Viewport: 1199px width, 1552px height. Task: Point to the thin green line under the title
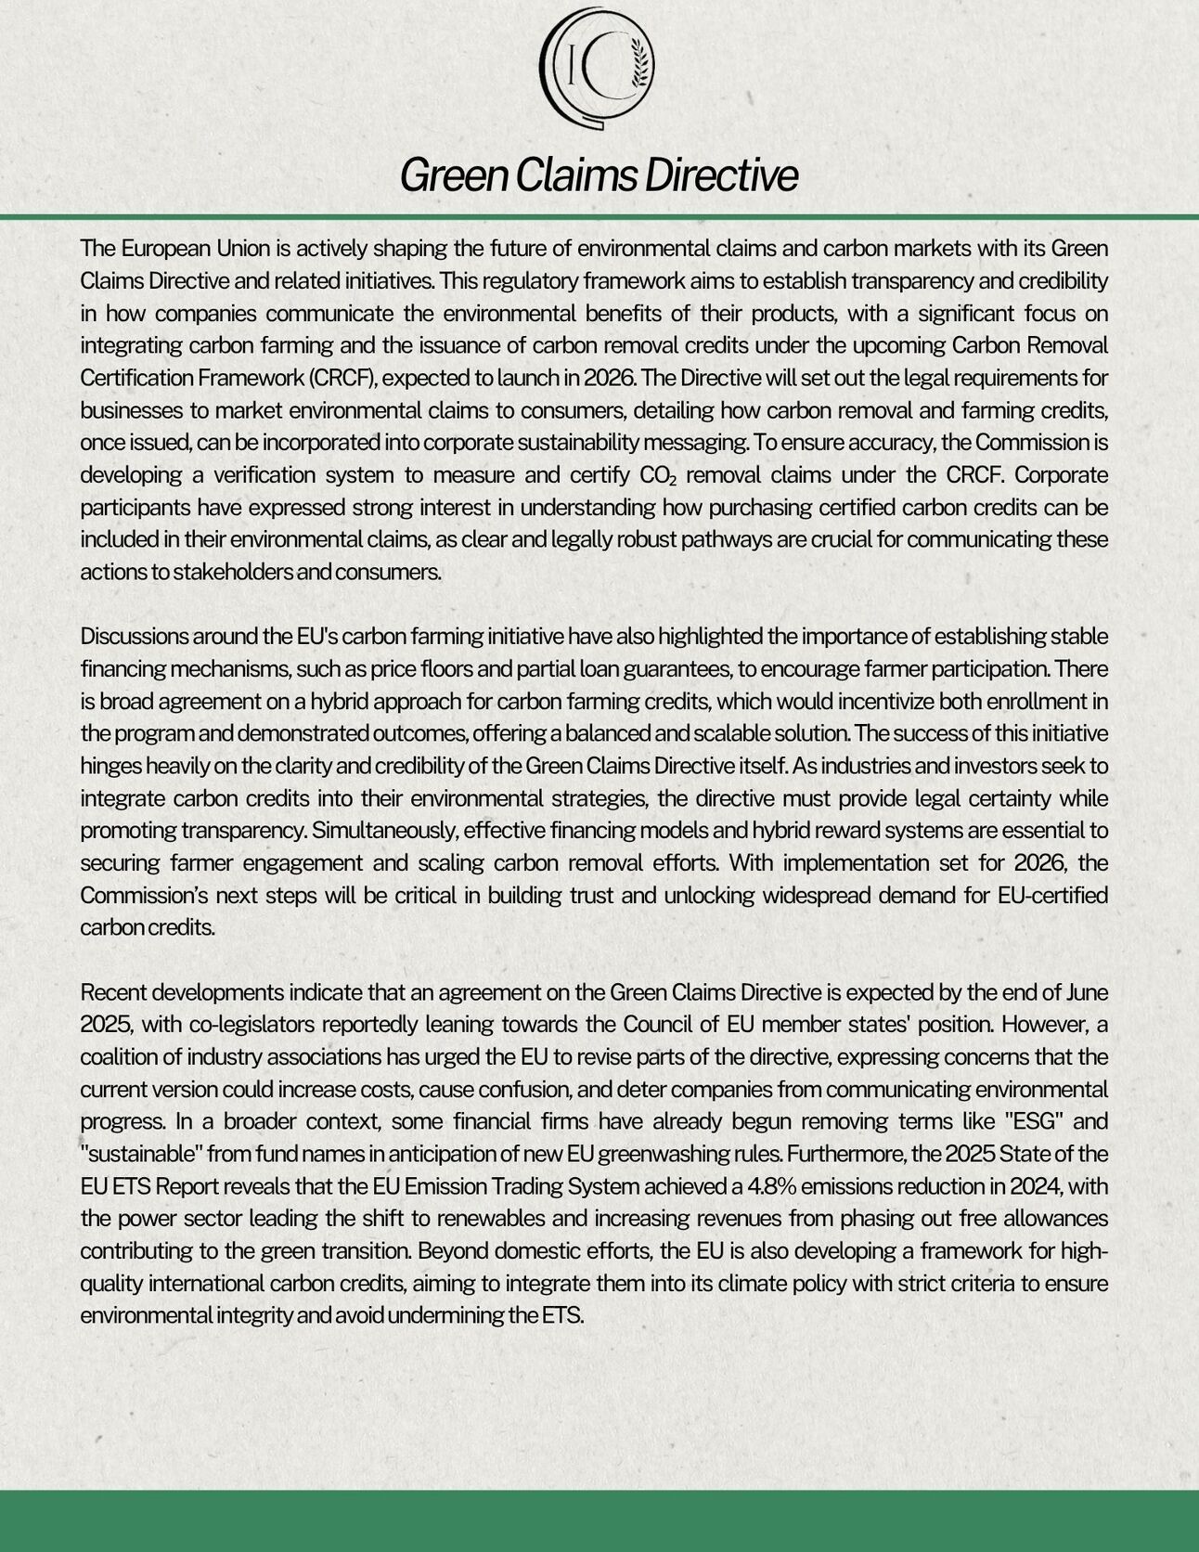point(599,217)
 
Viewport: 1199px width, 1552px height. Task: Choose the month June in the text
point(1088,992)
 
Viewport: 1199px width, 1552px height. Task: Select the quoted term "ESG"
point(1028,1121)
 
